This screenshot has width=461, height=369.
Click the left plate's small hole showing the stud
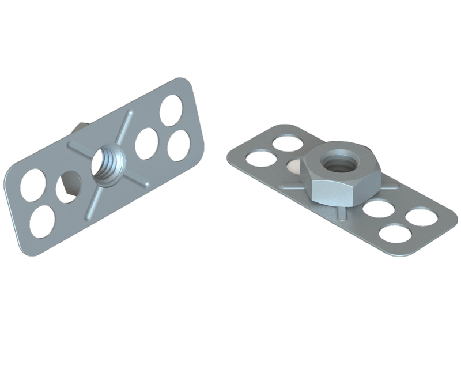(69, 186)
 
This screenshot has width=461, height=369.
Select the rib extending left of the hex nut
(290, 186)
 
